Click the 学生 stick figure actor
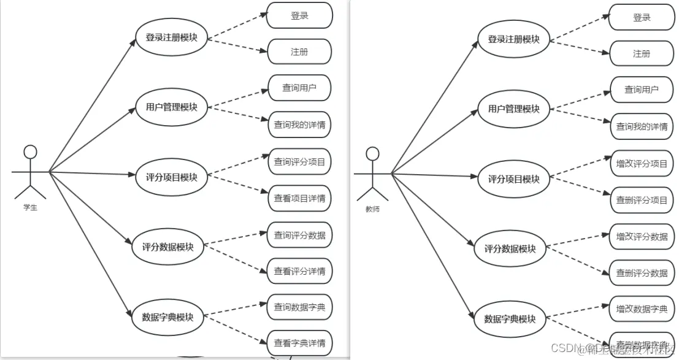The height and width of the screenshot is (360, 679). [x=30, y=172]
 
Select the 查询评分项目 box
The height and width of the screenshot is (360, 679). [x=299, y=162]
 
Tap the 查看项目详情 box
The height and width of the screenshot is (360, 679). [x=299, y=198]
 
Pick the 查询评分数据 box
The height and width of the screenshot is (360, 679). [x=299, y=235]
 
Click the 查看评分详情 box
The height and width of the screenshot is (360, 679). [x=299, y=271]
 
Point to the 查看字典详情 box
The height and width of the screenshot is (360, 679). [x=299, y=342]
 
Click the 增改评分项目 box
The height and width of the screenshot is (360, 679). [x=642, y=164]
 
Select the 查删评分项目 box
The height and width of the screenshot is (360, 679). [x=642, y=200]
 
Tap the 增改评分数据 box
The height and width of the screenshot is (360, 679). [x=642, y=236]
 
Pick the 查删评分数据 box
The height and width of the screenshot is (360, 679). [x=642, y=273]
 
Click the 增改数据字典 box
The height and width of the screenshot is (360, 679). [x=642, y=308]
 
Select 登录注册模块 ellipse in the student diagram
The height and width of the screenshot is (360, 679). [x=171, y=37]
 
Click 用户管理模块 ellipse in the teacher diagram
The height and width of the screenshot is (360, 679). [x=513, y=109]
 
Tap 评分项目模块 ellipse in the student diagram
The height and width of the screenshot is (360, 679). [x=171, y=177]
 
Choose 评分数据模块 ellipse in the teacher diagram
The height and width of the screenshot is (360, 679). [x=510, y=248]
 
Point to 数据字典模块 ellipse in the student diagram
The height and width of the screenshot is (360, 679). [x=167, y=317]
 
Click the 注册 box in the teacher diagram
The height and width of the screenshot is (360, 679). [x=641, y=54]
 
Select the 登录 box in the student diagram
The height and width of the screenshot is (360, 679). [x=299, y=16]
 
